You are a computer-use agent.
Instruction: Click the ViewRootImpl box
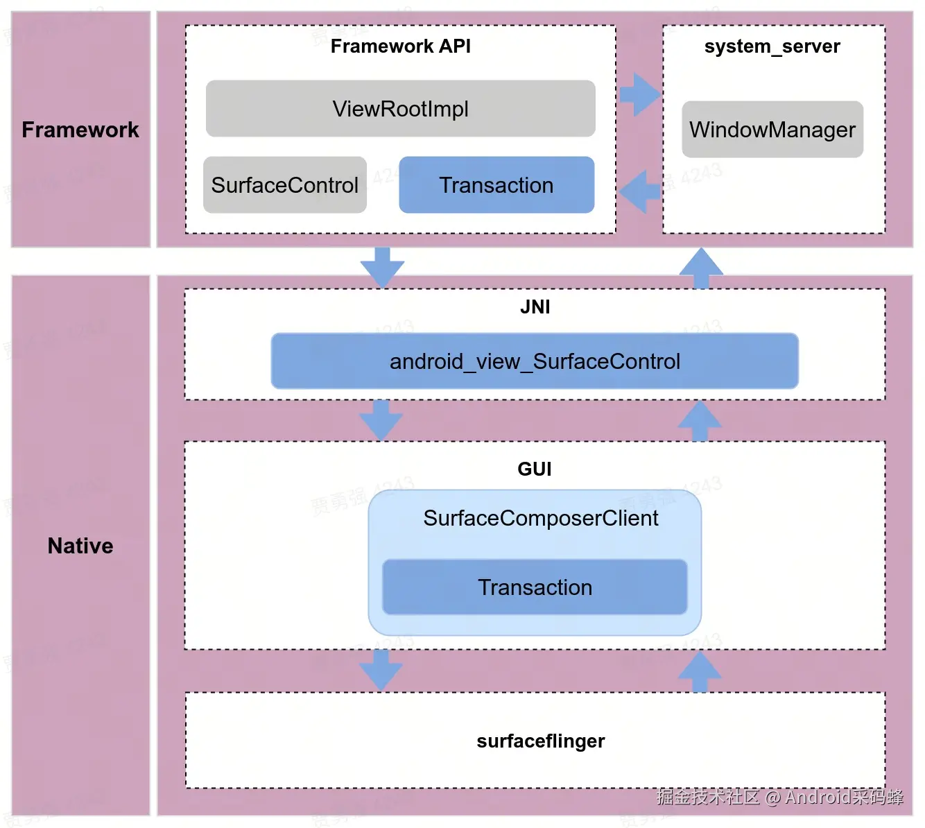[400, 109]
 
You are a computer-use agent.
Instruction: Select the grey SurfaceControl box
[284, 185]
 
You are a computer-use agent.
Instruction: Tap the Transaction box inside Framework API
[496, 185]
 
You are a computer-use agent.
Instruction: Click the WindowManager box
[772, 130]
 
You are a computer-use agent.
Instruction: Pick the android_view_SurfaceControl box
[535, 361]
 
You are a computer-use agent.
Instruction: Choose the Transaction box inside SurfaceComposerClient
[535, 587]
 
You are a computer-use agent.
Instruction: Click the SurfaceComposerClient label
[541, 518]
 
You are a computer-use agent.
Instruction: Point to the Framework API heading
[400, 46]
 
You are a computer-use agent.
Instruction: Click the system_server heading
[772, 46]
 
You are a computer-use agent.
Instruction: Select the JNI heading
[535, 307]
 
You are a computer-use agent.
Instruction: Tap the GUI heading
[535, 469]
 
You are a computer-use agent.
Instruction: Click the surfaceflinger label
[540, 741]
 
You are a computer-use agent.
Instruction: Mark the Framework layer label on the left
[80, 130]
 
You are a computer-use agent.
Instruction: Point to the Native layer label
[80, 546]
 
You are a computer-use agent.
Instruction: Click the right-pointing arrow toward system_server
[639, 94]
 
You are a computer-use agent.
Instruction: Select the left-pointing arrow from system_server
[639, 191]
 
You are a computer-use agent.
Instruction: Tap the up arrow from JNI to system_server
[701, 268]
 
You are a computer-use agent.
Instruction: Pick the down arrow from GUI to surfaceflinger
[381, 670]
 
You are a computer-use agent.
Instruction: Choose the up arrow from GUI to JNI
[700, 421]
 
